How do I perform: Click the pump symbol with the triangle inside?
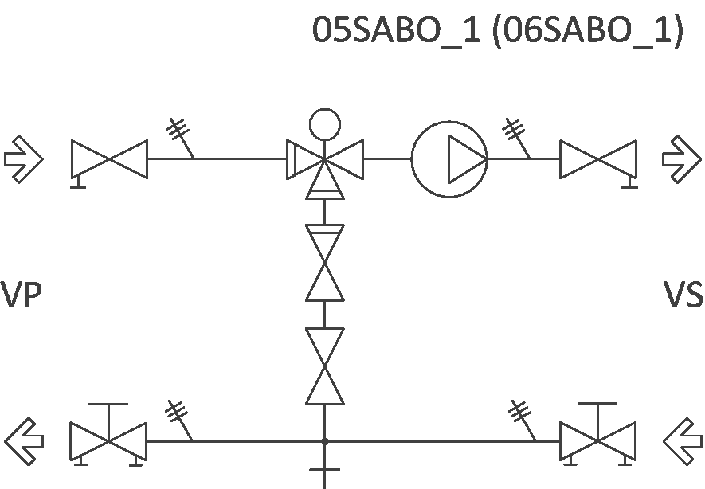coord(448,159)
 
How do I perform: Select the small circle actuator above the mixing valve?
coord(325,123)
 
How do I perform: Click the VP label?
coord(21,295)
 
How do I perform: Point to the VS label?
coord(683,295)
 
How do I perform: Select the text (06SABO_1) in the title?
coord(588,33)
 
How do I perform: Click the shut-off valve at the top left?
coord(109,159)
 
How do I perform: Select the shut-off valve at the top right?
coord(598,159)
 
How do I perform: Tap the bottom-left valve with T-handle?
coord(109,440)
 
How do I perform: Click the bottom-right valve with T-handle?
coord(598,440)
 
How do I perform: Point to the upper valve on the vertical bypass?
coord(325,263)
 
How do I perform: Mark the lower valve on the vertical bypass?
coord(325,366)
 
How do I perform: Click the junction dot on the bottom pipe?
coord(325,441)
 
